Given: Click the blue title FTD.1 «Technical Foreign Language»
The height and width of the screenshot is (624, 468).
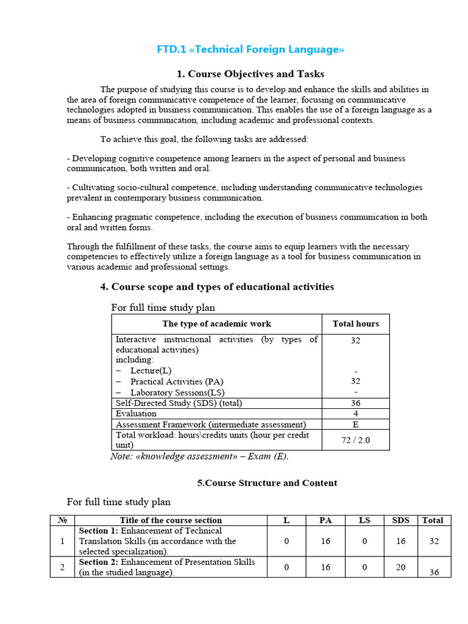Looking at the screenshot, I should [x=250, y=49].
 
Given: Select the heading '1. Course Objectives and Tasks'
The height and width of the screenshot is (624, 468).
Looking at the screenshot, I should [x=250, y=74].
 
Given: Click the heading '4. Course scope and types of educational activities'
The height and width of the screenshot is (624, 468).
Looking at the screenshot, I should [x=217, y=286].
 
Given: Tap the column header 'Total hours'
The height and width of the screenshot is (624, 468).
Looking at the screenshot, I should [x=355, y=324].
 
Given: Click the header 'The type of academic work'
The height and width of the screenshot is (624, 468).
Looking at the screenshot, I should [x=216, y=324].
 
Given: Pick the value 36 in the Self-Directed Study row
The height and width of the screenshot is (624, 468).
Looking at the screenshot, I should [x=355, y=403].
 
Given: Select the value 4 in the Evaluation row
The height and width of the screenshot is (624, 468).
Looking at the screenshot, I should [x=355, y=414].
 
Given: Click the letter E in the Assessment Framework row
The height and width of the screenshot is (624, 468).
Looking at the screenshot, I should [x=355, y=424].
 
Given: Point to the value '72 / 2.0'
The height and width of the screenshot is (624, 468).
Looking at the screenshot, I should [x=355, y=440].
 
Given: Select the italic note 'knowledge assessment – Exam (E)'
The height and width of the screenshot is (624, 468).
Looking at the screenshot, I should [x=199, y=456].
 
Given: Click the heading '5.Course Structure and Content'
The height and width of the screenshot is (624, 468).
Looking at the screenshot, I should [x=267, y=483].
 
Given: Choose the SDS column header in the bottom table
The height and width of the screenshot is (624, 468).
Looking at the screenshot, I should [x=401, y=520].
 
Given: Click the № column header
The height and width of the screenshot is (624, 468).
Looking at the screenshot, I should [x=62, y=520].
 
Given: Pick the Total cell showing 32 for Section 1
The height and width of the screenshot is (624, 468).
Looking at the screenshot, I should [x=433, y=541].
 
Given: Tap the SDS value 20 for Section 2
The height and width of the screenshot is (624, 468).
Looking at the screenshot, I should [x=401, y=567].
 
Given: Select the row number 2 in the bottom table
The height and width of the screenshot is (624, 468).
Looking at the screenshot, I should [x=62, y=567].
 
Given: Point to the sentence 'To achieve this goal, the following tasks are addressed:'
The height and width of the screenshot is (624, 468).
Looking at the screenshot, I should [x=204, y=139].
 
